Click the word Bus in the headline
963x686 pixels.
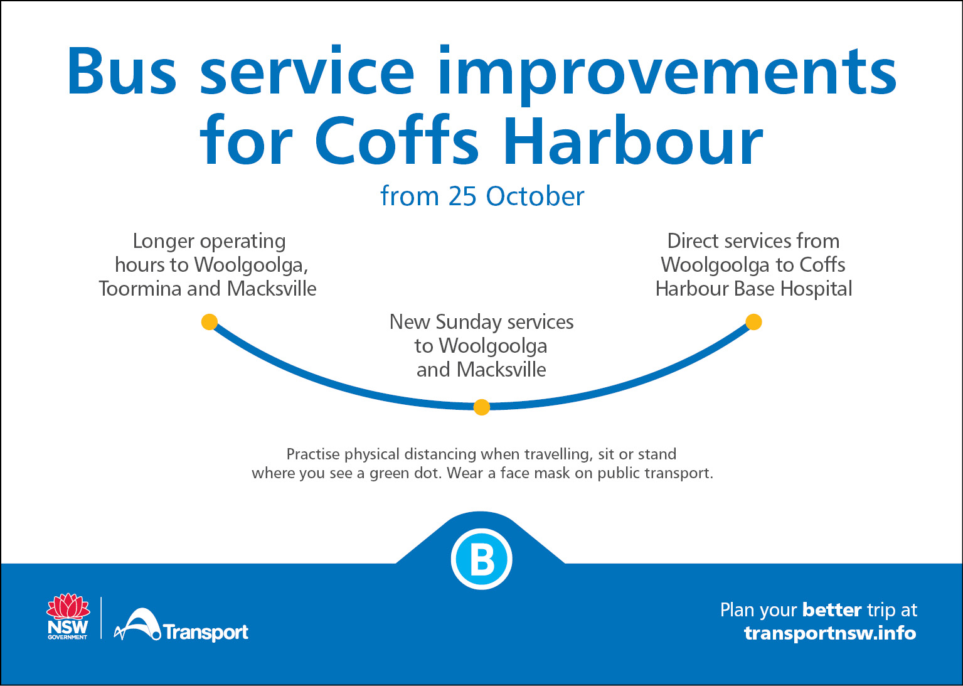pos(122,72)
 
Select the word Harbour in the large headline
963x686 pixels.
pos(633,140)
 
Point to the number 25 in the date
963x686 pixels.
pos(462,196)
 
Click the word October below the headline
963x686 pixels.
pos(535,196)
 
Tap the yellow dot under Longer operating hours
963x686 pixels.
pos(210,322)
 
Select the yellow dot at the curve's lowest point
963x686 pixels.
pos(482,407)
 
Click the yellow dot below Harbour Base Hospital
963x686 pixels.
pos(753,322)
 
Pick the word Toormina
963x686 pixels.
pos(140,289)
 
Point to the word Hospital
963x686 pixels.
pos(816,289)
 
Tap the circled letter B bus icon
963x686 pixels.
pos(482,559)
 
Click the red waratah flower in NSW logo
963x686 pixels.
pos(68,607)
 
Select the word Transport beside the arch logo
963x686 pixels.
pos(206,632)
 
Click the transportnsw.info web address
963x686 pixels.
pos(830,633)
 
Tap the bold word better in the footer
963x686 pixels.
pos(832,610)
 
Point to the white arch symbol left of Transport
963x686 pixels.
pos(137,624)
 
